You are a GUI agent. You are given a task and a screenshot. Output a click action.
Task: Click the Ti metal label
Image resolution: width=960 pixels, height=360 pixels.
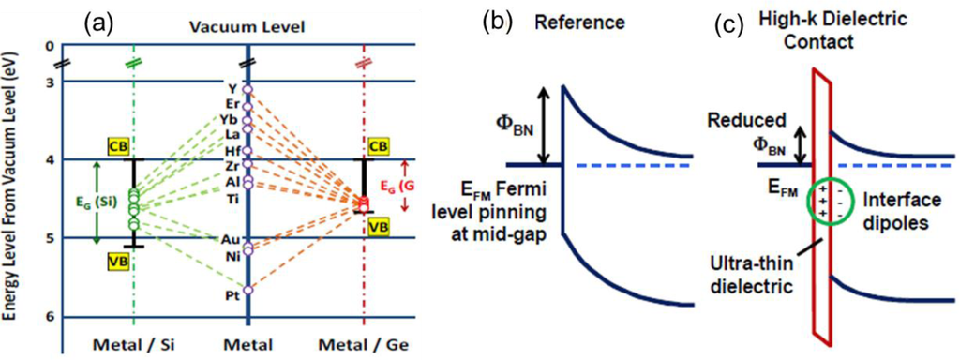(231, 198)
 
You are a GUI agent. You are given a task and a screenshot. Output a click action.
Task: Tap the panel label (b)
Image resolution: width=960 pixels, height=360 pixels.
(497, 21)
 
